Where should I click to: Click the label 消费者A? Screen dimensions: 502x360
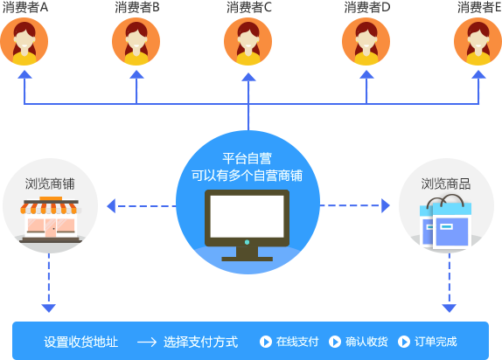tap(25, 7)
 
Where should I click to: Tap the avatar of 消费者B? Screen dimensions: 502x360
tap(136, 42)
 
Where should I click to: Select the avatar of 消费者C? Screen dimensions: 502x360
tap(248, 42)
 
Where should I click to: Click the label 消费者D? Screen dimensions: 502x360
tap(367, 7)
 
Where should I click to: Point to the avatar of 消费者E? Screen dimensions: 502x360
tap(478, 42)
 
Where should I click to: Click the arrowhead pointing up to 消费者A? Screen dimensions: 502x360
tap(24, 74)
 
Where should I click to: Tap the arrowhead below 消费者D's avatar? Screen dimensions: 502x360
tap(366, 74)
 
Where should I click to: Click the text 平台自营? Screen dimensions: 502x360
tap(248, 158)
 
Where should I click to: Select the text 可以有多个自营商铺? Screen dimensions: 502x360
tap(248, 176)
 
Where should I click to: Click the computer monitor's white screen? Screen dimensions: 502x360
tap(247, 217)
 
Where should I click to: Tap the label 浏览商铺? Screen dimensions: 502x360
tap(50, 184)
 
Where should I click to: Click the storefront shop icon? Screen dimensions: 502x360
tap(50, 220)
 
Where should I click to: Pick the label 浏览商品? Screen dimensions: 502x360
tap(446, 184)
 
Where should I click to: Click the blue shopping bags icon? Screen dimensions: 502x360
tap(446, 222)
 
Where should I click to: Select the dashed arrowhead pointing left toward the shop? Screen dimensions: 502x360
tap(111, 205)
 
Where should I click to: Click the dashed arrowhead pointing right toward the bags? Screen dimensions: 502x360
tap(386, 205)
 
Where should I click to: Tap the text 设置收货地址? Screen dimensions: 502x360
tap(81, 342)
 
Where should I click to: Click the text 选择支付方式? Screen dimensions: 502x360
tap(201, 342)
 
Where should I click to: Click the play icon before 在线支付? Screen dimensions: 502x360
tap(266, 342)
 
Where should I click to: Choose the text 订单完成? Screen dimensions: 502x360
tap(436, 342)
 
